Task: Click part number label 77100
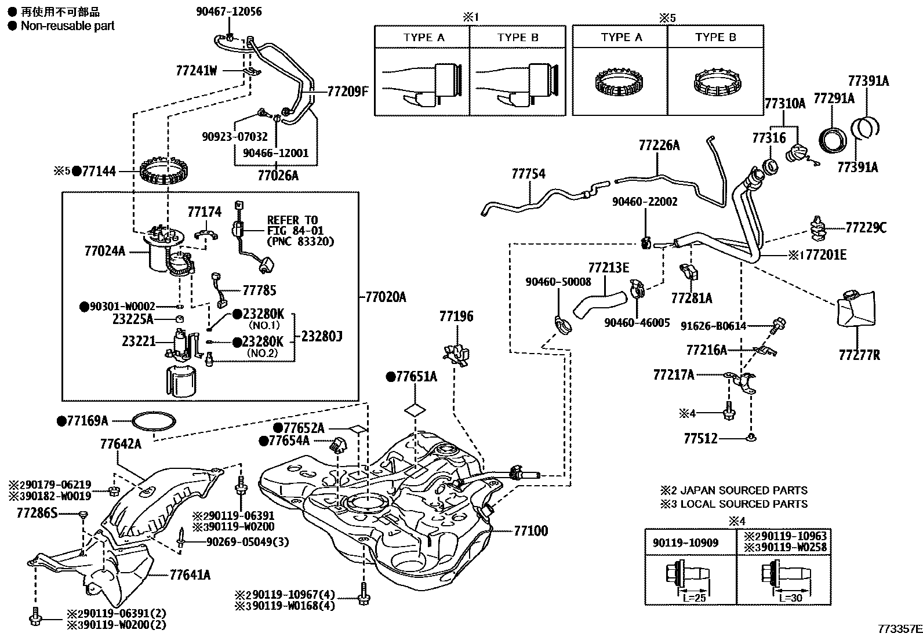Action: pyautogui.click(x=530, y=531)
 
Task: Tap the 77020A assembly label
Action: pyautogui.click(x=386, y=297)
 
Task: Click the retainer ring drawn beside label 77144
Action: pyautogui.click(x=166, y=169)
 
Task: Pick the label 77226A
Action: pyautogui.click(x=659, y=145)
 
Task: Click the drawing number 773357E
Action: pyautogui.click(x=899, y=628)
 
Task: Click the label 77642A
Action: pyautogui.click(x=121, y=445)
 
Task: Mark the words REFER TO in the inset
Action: pyautogui.click(x=292, y=220)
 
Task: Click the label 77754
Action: pyautogui.click(x=528, y=174)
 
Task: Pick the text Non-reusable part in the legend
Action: pyautogui.click(x=67, y=26)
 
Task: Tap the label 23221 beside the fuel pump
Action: pyautogui.click(x=139, y=341)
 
